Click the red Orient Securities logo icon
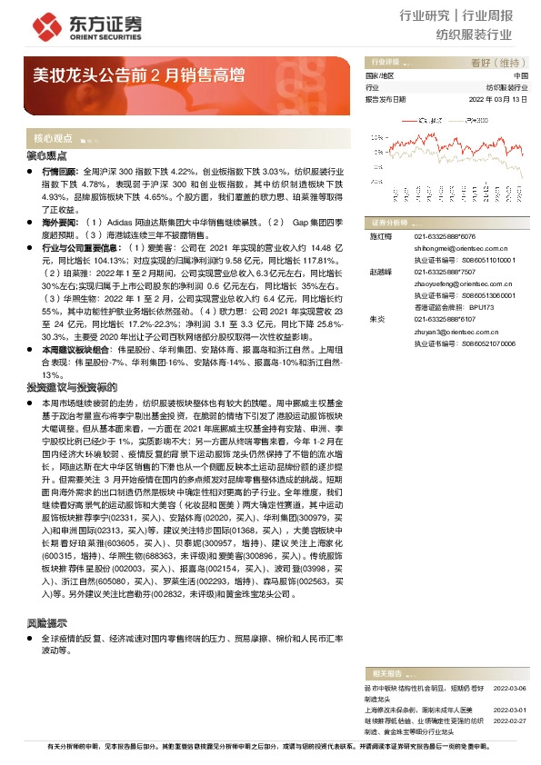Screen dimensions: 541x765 (41, 23)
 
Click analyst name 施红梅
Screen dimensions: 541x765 (378, 235)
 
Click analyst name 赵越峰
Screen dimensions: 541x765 (378, 271)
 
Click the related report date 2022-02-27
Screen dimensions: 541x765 (511, 720)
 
